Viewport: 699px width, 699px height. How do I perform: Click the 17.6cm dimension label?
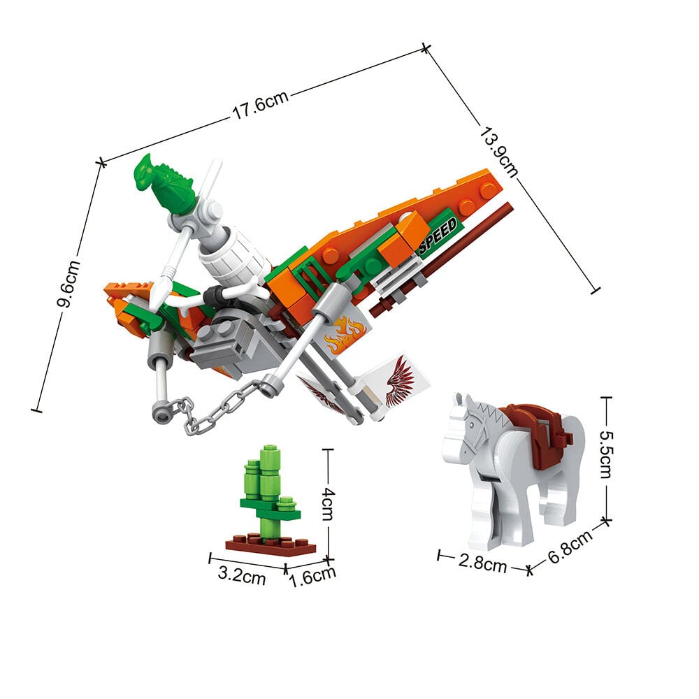click(260, 106)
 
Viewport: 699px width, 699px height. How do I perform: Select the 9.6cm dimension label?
click(69, 283)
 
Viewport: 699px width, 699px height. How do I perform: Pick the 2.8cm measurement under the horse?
click(482, 563)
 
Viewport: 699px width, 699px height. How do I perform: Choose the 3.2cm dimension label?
click(242, 575)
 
